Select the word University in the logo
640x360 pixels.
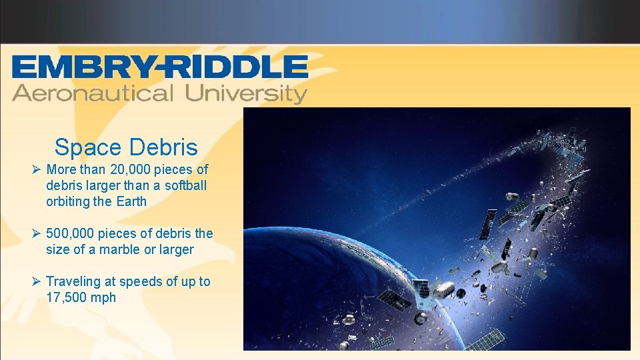[x=246, y=93]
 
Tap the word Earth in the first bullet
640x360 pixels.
[x=129, y=201]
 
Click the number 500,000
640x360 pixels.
[x=71, y=234]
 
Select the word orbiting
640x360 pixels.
[x=69, y=201]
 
